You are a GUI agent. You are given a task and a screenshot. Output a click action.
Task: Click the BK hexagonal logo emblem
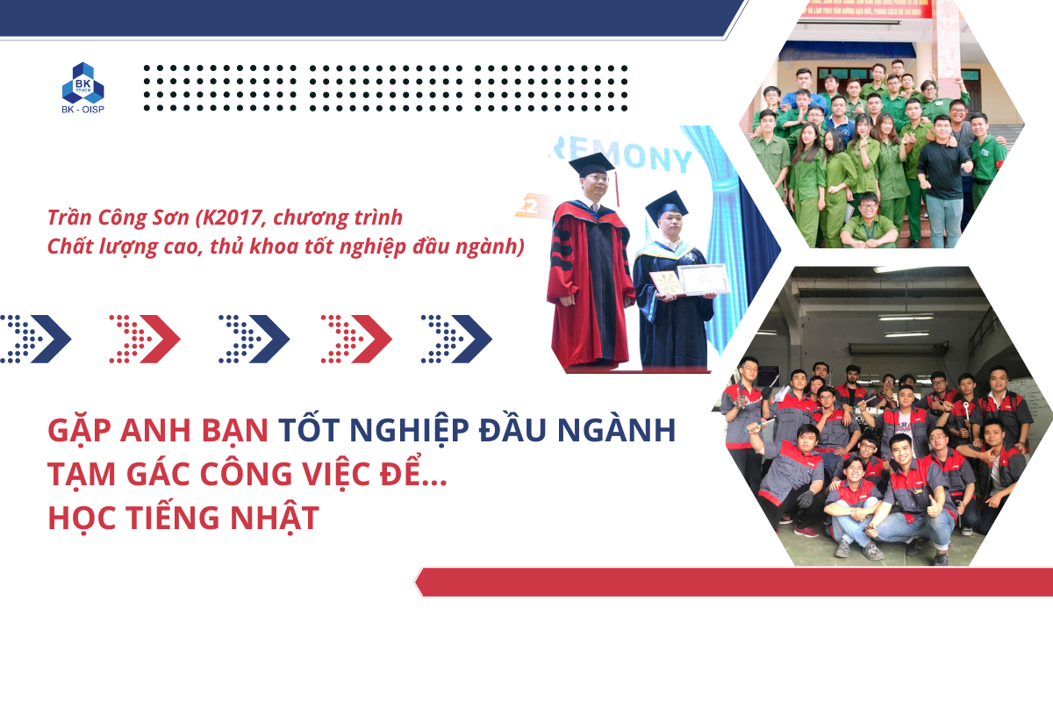(x=82, y=82)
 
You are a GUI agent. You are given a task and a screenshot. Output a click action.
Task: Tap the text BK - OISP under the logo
(x=82, y=110)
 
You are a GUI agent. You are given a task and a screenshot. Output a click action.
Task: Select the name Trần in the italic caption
(x=69, y=218)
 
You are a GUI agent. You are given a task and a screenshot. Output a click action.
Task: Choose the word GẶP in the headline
(x=80, y=429)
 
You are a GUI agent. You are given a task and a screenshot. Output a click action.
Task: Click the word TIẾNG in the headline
(x=173, y=518)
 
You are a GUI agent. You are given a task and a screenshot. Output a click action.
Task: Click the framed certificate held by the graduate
(x=703, y=279)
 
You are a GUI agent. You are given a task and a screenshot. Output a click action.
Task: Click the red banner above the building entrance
(x=866, y=8)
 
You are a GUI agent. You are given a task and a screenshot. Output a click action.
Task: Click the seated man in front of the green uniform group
(x=868, y=220)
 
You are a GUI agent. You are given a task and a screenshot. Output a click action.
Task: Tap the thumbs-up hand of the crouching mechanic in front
(x=933, y=506)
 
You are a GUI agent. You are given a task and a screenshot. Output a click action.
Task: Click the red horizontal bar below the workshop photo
(x=734, y=582)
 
